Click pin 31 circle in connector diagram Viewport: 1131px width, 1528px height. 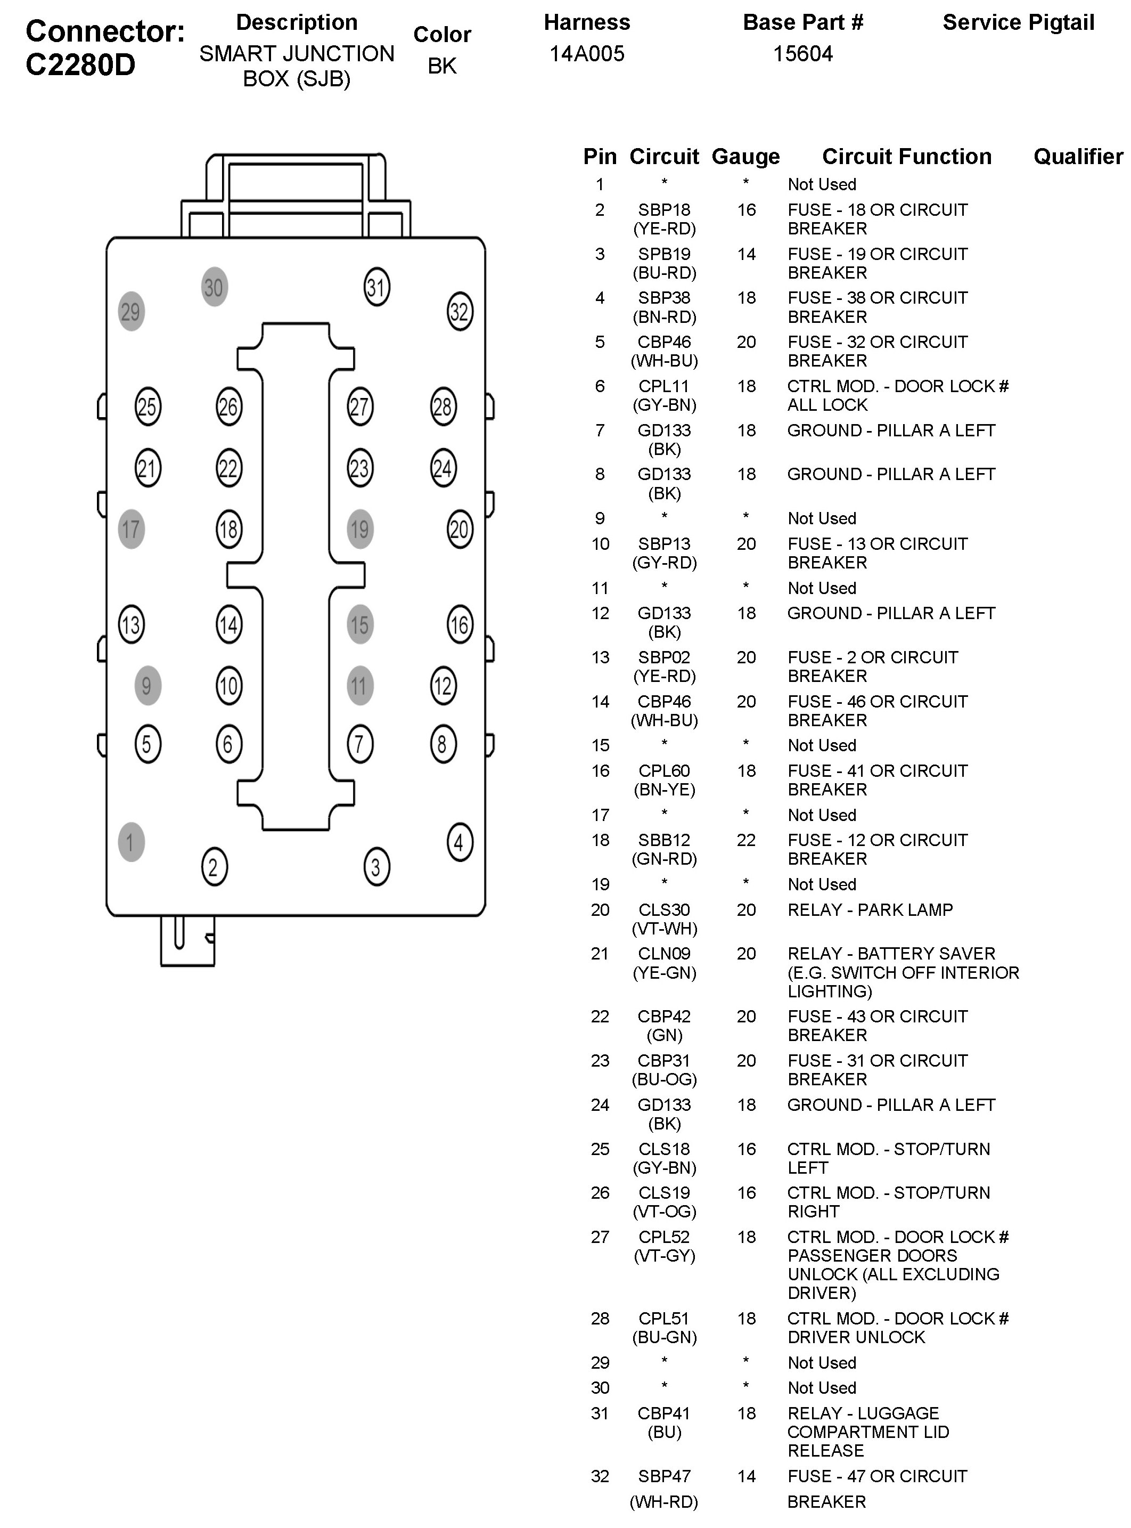point(376,287)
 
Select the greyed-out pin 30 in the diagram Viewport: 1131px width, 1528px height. point(214,287)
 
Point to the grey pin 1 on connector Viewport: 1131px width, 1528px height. point(131,842)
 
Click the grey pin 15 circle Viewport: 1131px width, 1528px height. point(359,624)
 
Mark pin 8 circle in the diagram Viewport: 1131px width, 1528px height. point(443,744)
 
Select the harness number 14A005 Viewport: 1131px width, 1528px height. point(587,54)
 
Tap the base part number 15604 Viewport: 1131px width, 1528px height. point(802,54)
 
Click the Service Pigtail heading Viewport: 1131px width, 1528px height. point(1018,22)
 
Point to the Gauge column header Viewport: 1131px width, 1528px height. point(745,157)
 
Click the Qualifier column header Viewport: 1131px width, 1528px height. point(1078,157)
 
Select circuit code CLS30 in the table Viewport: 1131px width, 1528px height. point(664,909)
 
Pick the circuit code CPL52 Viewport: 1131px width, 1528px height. point(664,1237)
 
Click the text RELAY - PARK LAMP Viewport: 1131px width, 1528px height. point(870,909)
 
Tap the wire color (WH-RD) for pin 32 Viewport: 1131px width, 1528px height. point(664,1502)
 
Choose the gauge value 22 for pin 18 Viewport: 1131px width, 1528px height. point(745,840)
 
